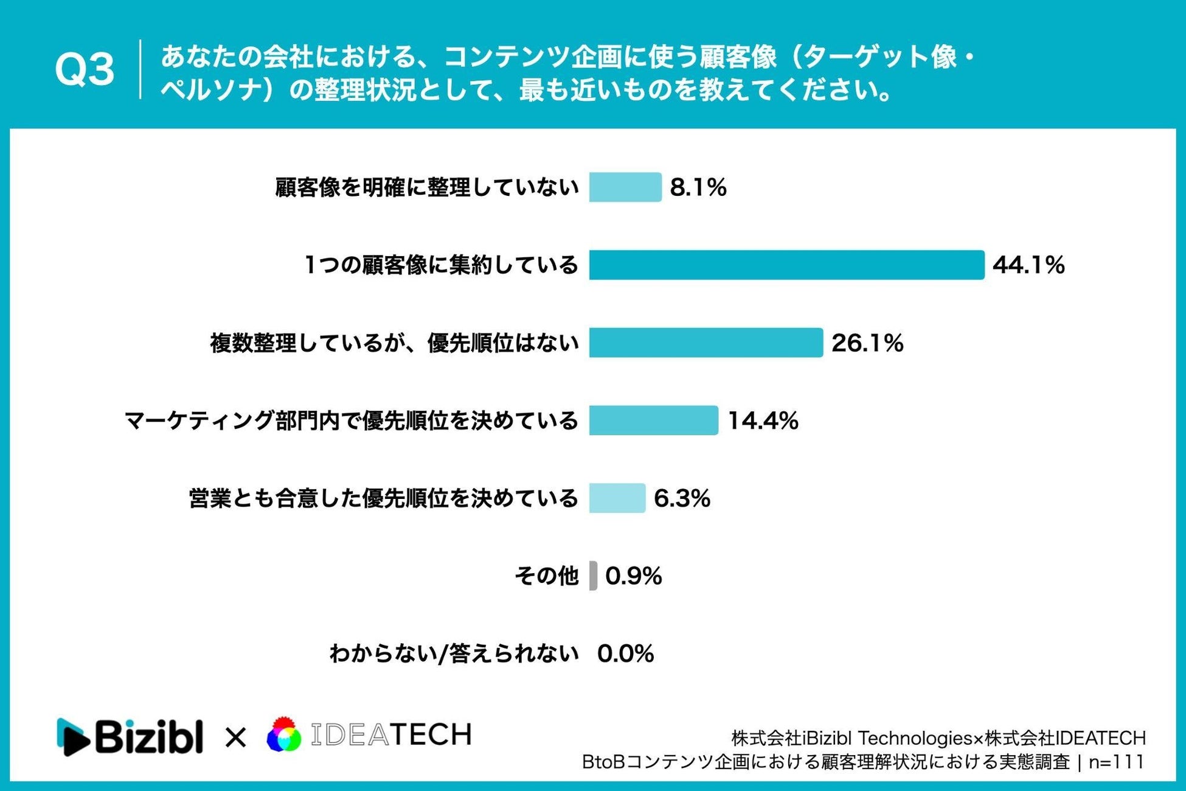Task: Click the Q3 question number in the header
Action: coord(85,69)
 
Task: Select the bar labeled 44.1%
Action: coord(786,265)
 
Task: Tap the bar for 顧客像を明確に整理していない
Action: coord(625,187)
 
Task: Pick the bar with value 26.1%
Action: coord(706,343)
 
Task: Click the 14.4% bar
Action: coord(654,420)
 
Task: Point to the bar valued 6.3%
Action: coord(617,498)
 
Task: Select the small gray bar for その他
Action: coord(593,576)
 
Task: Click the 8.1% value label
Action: coord(698,187)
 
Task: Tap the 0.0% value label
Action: coord(625,654)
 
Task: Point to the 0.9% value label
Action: coord(633,576)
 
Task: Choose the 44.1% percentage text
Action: coord(1028,265)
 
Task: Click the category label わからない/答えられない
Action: coord(454,653)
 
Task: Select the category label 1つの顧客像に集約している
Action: coord(441,265)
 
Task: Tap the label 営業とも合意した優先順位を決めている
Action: coord(383,498)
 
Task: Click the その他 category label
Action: coord(546,576)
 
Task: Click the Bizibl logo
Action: coord(130,737)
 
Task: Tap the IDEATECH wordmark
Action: coord(391,735)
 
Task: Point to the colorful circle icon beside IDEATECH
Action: coord(284,734)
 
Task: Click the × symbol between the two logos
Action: coord(235,738)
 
